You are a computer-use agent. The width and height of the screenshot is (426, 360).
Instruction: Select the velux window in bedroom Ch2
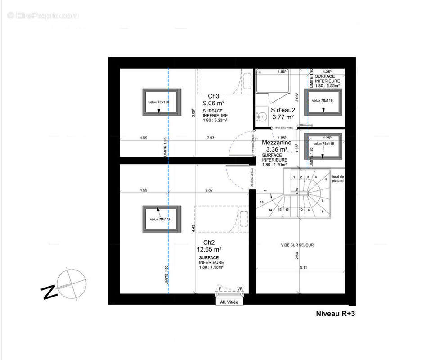coord(162,219)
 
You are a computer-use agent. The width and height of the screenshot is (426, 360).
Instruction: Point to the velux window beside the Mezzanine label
coord(323,146)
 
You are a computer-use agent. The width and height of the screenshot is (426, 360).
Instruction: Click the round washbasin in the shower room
coord(260,118)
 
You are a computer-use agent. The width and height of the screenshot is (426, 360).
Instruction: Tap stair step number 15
coord(261,202)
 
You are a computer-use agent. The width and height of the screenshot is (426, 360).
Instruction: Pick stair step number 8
coord(322,211)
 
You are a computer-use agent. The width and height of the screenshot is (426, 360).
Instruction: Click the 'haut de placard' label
coord(337,179)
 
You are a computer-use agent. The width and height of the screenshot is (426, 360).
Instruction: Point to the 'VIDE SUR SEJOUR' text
coord(297,245)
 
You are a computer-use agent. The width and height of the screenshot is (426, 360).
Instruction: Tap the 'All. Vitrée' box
coord(229,302)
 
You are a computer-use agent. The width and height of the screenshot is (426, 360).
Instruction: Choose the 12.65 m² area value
coord(209,249)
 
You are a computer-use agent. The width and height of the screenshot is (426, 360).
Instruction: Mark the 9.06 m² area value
coord(213,103)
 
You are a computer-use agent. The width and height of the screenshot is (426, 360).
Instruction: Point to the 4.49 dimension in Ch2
coord(193,228)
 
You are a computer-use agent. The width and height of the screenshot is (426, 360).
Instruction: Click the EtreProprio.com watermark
coord(43,16)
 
